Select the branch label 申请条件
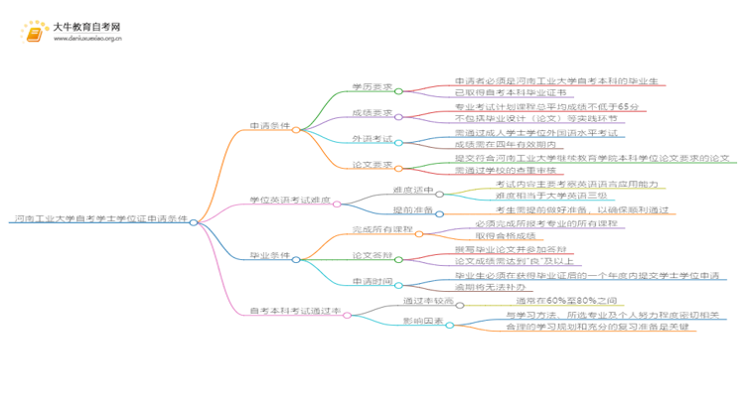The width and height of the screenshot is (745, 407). pos(270,128)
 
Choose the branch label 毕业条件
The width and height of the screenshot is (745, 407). pos(270,256)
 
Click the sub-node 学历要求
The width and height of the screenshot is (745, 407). pos(371,85)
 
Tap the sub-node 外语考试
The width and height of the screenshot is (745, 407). pos(371,139)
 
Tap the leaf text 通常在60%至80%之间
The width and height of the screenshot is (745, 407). pos(560,300)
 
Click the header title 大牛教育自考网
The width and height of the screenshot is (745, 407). pos(86,27)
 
